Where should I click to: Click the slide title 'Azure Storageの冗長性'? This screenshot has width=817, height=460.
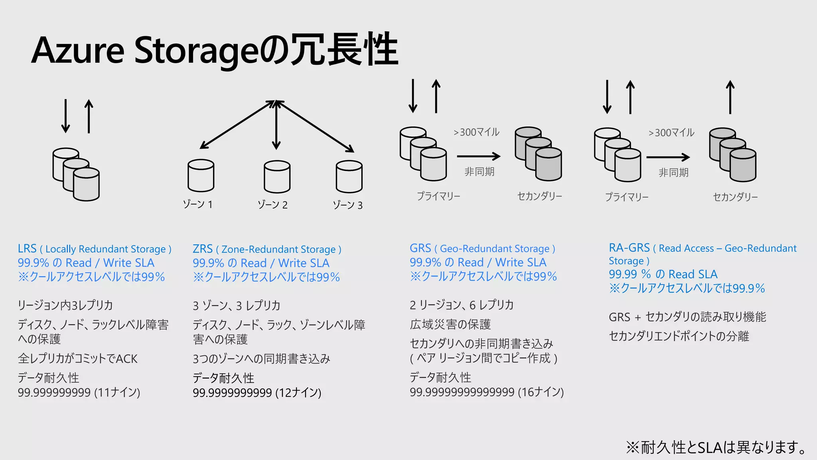pyautogui.click(x=215, y=50)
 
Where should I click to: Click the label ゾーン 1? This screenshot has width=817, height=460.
pyautogui.click(x=198, y=204)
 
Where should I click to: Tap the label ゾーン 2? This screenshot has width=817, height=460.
pyautogui.click(x=272, y=205)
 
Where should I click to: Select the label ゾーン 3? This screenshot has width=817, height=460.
pyautogui.click(x=348, y=205)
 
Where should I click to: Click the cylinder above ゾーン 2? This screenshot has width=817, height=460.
pyautogui.click(x=277, y=177)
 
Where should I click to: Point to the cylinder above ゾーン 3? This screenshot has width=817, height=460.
pyautogui.click(x=349, y=177)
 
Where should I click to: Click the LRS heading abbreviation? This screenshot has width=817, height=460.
pyautogui.click(x=27, y=249)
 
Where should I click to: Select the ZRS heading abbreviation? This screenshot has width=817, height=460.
pyautogui.click(x=203, y=249)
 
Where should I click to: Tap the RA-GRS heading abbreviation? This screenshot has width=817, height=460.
pyautogui.click(x=629, y=248)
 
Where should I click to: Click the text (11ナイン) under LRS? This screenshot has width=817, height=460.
pyautogui.click(x=117, y=393)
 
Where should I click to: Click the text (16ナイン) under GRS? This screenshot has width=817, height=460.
pyautogui.click(x=541, y=392)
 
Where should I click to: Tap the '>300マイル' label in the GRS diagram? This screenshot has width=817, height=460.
pyautogui.click(x=476, y=132)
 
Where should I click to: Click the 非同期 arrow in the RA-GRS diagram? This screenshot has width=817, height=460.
pyautogui.click(x=668, y=157)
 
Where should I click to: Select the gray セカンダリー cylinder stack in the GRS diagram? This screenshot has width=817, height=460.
pyautogui.click(x=539, y=154)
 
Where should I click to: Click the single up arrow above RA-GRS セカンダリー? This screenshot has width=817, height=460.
pyautogui.click(x=730, y=97)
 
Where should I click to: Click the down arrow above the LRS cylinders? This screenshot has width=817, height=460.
pyautogui.click(x=66, y=116)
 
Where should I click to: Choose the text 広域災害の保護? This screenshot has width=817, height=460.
pyautogui.click(x=450, y=324)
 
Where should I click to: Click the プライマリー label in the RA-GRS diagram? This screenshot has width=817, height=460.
pyautogui.click(x=627, y=197)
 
